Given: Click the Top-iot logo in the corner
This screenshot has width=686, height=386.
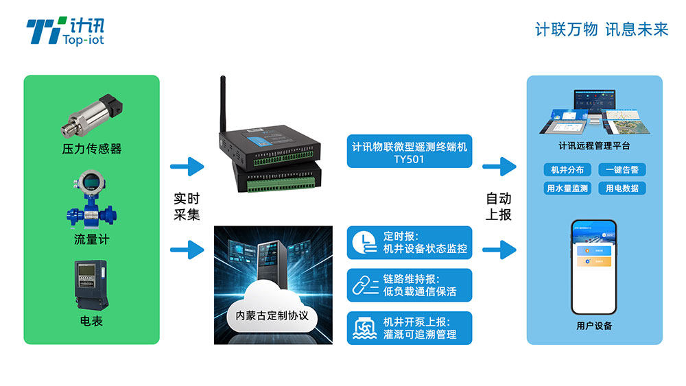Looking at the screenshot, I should pyautogui.click(x=64, y=32).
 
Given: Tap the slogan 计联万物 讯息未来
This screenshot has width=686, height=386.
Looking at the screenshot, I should pyautogui.click(x=601, y=29).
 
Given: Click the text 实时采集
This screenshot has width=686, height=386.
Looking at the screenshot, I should pyautogui.click(x=186, y=206).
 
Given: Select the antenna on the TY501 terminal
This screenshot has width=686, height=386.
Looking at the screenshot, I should pyautogui.click(x=223, y=103).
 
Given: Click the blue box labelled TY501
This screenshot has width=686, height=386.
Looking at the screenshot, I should pyautogui.click(x=409, y=152).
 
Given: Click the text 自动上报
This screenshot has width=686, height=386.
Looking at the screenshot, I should pyautogui.click(x=499, y=206).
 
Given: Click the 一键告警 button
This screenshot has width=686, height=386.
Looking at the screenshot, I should pyautogui.click(x=622, y=170).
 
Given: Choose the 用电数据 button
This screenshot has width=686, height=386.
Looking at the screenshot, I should pyautogui.click(x=622, y=188).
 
